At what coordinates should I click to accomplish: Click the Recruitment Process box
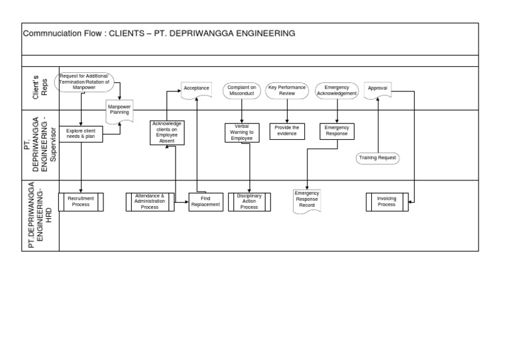click(x=82, y=202)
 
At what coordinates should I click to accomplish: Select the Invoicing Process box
click(x=386, y=202)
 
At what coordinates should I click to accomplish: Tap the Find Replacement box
click(x=205, y=202)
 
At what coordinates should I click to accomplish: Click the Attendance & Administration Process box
click(x=150, y=202)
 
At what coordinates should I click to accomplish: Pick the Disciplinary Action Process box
click(x=249, y=202)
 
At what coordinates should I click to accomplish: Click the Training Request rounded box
click(x=377, y=158)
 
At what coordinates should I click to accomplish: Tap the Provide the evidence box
click(x=287, y=131)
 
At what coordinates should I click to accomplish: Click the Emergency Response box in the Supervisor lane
click(x=337, y=131)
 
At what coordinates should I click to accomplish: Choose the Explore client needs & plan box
click(x=82, y=134)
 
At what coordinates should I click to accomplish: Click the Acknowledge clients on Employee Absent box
click(x=166, y=133)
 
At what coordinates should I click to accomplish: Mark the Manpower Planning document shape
click(x=120, y=109)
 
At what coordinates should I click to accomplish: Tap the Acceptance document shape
click(x=196, y=89)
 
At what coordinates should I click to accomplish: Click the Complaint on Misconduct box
click(x=242, y=91)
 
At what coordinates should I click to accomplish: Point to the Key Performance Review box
click(x=287, y=91)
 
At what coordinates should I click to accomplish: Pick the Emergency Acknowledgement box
click(x=337, y=91)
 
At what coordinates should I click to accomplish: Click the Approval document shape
click(x=377, y=89)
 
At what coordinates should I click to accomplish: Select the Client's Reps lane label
click(x=40, y=88)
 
